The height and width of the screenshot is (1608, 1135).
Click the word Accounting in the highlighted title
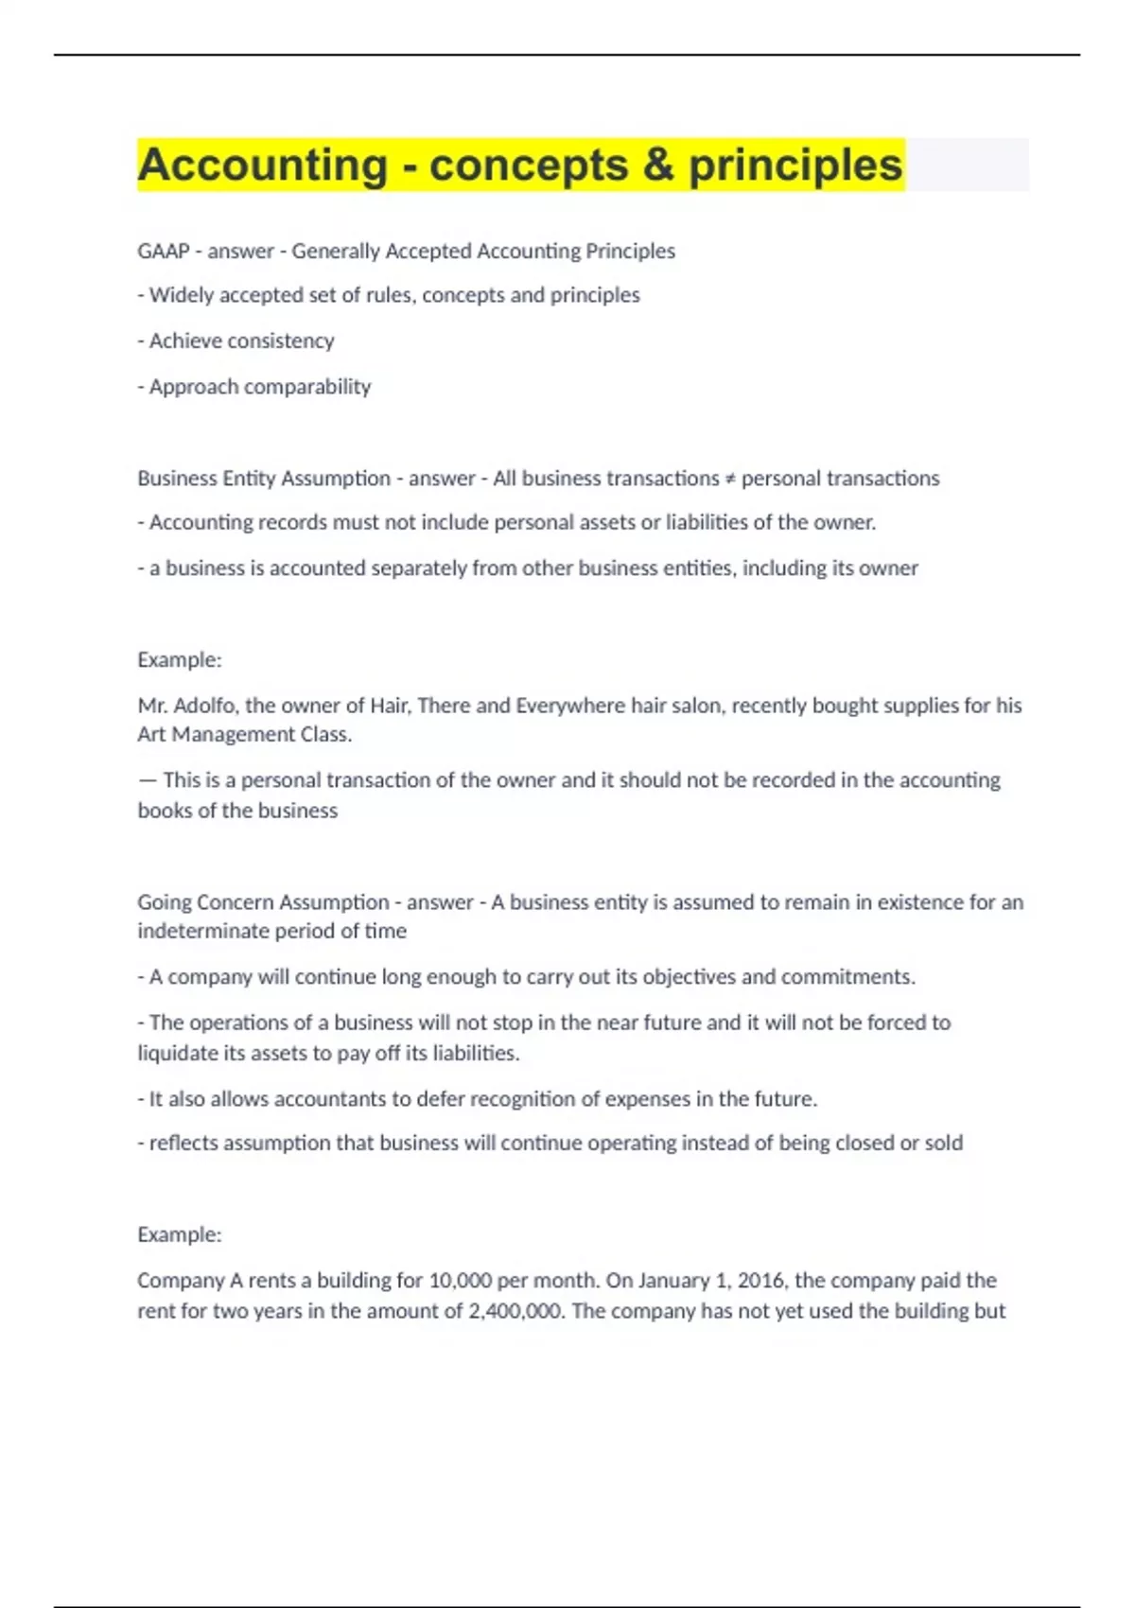tap(262, 166)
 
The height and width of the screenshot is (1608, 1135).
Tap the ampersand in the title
tap(657, 166)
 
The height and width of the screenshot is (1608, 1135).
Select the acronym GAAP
tap(163, 252)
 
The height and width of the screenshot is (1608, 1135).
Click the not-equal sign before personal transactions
tap(730, 480)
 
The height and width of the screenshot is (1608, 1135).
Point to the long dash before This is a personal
tap(147, 780)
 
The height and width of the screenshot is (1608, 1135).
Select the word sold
tap(943, 1144)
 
